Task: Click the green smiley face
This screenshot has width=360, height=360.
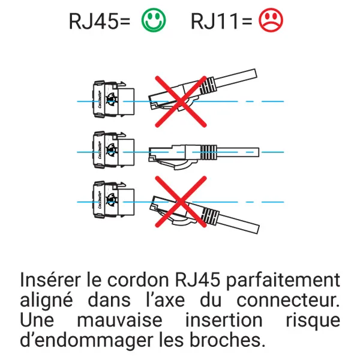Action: point(154,21)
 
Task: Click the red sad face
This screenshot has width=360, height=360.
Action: point(271,21)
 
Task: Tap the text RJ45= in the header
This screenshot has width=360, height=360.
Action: point(100,22)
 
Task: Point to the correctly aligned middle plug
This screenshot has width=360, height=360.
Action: point(174,153)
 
